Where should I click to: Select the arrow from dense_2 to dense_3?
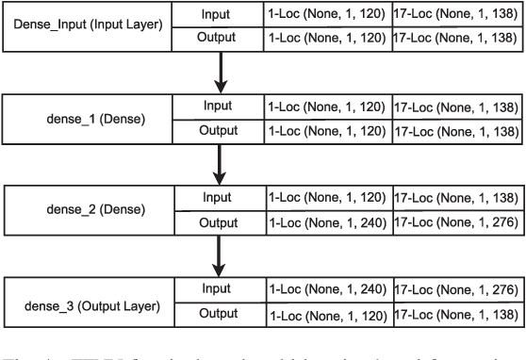222,255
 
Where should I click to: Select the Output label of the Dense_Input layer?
217,39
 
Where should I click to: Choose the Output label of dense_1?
217,132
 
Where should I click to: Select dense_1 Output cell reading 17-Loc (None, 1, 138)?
455,132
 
